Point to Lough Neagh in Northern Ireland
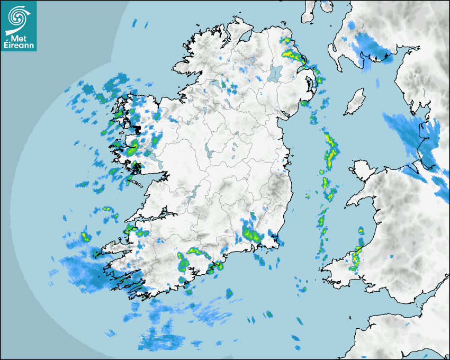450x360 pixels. click(x=275, y=73)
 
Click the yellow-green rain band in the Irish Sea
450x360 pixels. click(x=331, y=151)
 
